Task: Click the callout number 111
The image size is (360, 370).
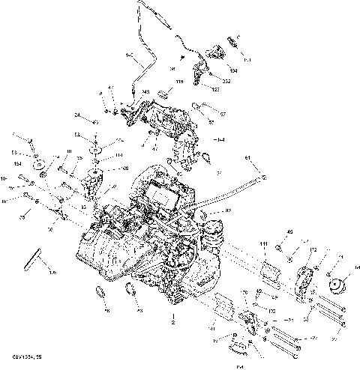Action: pyautogui.click(x=263, y=245)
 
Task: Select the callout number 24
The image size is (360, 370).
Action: pyautogui.click(x=77, y=115)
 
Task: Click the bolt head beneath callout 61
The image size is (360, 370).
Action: pyautogui.click(x=263, y=178)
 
